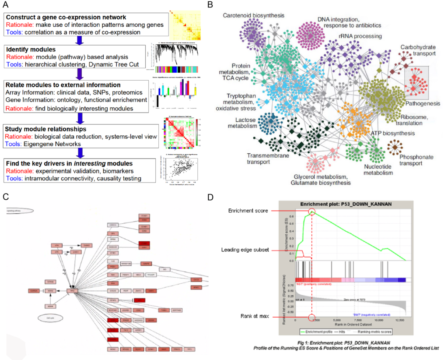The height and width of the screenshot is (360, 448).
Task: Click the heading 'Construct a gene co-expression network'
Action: tap(66, 17)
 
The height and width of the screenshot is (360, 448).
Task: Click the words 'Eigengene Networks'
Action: tap(54, 144)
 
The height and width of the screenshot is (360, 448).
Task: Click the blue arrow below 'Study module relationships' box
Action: tap(80, 153)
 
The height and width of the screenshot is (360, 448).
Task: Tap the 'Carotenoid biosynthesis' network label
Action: tap(253, 16)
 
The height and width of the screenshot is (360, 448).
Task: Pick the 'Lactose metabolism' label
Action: tap(242, 123)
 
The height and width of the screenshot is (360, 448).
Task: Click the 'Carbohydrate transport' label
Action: tap(418, 50)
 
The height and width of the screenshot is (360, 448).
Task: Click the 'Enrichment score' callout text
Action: tap(248, 211)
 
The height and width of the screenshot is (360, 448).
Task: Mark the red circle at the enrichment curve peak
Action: tap(312, 212)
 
